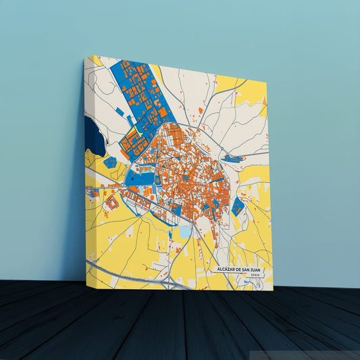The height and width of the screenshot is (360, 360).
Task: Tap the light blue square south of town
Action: click(x=184, y=232)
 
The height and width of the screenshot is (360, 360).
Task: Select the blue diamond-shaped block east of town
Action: click(x=238, y=206)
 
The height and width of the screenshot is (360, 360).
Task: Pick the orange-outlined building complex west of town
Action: click(x=111, y=201)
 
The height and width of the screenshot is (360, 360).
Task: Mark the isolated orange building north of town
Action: click(x=201, y=110)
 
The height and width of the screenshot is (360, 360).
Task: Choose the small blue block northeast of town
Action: click(x=233, y=159)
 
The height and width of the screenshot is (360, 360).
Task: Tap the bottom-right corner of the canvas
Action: click(x=272, y=290)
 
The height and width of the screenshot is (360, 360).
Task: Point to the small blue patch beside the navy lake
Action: click(x=110, y=163)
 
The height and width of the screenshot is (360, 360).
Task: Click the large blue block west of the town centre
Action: click(x=140, y=179)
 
